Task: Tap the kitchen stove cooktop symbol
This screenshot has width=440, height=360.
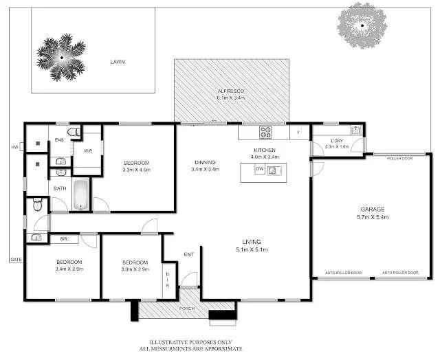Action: pyautogui.click(x=265, y=131)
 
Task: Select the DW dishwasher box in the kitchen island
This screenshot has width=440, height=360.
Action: pyautogui.click(x=259, y=168)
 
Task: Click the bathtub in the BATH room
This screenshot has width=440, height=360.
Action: pyautogui.click(x=80, y=194)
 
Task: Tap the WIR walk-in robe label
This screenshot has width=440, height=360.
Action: pyautogui.click(x=88, y=150)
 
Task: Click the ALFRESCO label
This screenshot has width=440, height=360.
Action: pyautogui.click(x=231, y=91)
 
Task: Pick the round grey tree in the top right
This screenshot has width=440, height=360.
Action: pyautogui.click(x=362, y=26)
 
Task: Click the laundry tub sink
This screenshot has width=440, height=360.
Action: pyautogui.click(x=355, y=130)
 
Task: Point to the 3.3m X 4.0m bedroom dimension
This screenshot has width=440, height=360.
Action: pyautogui.click(x=135, y=170)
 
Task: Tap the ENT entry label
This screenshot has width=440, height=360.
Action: pyautogui.click(x=188, y=255)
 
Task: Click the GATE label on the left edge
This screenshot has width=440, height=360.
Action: pyautogui.click(x=15, y=260)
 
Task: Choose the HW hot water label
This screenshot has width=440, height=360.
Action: pyautogui.click(x=14, y=147)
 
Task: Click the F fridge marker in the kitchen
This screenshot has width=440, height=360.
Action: pyautogui.click(x=298, y=131)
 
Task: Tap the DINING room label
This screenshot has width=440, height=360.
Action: pyautogui.click(x=205, y=162)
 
